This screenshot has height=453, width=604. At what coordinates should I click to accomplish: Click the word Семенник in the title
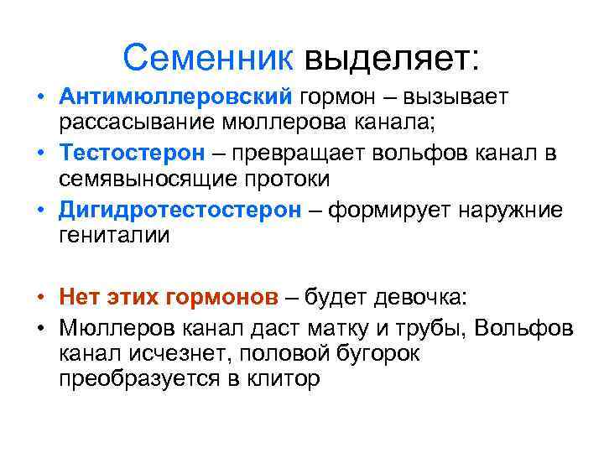(208, 57)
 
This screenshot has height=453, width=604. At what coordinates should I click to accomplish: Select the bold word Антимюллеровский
(174, 98)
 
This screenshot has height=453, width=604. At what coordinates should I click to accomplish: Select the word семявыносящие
(143, 180)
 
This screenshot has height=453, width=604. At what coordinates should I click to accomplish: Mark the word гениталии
(114, 235)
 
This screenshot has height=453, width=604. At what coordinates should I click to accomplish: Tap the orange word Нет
(78, 297)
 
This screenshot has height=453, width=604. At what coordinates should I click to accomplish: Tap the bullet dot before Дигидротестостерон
(39, 210)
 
